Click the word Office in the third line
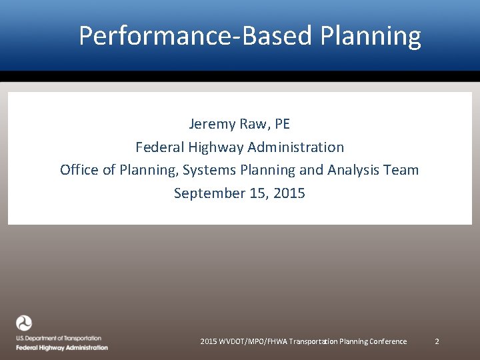click(x=79, y=170)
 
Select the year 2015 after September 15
click(x=289, y=193)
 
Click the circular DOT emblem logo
click(x=24, y=323)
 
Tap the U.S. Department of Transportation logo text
click(x=59, y=339)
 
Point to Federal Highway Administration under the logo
click(x=61, y=347)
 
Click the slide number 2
click(x=437, y=341)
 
